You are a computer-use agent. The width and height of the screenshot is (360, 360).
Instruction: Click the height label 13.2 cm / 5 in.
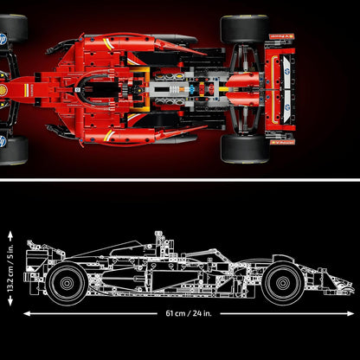click(10, 264)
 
